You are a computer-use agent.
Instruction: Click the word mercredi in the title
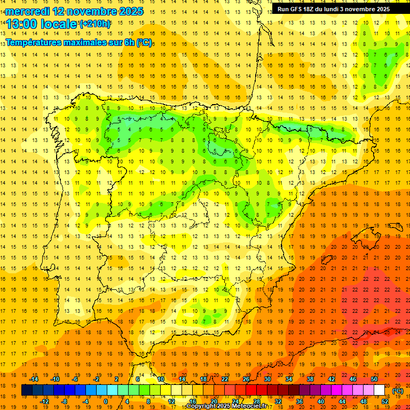click(27, 11)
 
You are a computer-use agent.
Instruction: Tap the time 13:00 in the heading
click(23, 24)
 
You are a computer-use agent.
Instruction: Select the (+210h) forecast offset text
click(95, 23)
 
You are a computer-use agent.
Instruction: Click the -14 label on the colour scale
click(34, 379)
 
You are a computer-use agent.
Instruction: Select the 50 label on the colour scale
click(374, 379)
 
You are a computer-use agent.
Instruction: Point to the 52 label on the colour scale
click(384, 401)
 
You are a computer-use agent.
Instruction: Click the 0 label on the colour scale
click(106, 401)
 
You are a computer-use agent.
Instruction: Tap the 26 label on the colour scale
click(246, 379)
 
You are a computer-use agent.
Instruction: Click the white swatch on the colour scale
click(379, 390)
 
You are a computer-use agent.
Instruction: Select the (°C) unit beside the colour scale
click(397, 391)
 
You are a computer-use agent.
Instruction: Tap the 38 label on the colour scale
click(310, 379)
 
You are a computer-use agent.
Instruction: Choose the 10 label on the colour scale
click(160, 379)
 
